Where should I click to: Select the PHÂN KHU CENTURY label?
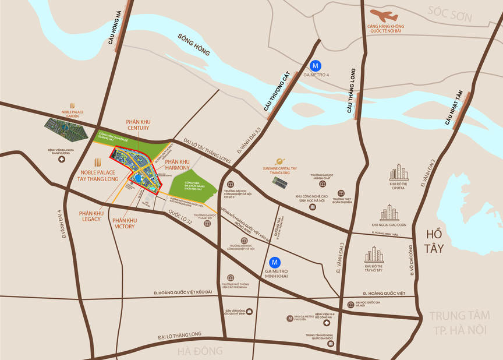point(138,124)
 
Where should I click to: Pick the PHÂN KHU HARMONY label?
point(177,165)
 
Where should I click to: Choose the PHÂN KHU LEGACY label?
point(91,217)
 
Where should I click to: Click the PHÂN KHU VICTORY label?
point(124,223)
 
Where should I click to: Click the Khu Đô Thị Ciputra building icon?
point(399,172)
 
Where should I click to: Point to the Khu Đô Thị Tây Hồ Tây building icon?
point(374,255)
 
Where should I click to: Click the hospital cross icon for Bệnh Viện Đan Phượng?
point(62,160)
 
